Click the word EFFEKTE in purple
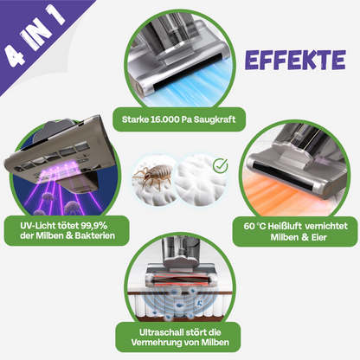295,61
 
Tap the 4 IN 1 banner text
35,37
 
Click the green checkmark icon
220,165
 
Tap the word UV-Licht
37,226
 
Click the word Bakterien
95,235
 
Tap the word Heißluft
285,226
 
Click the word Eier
318,237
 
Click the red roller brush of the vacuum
180,280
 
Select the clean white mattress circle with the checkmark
201,180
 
